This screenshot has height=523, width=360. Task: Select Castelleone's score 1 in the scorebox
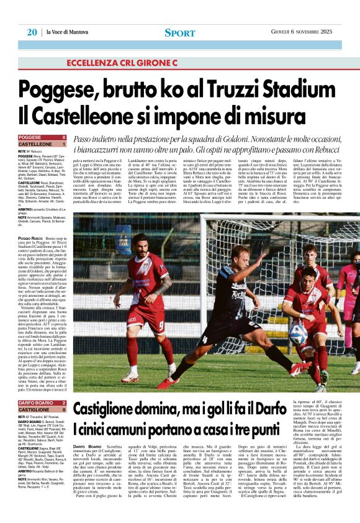click(64, 143)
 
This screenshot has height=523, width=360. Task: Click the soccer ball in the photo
click(297, 334)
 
